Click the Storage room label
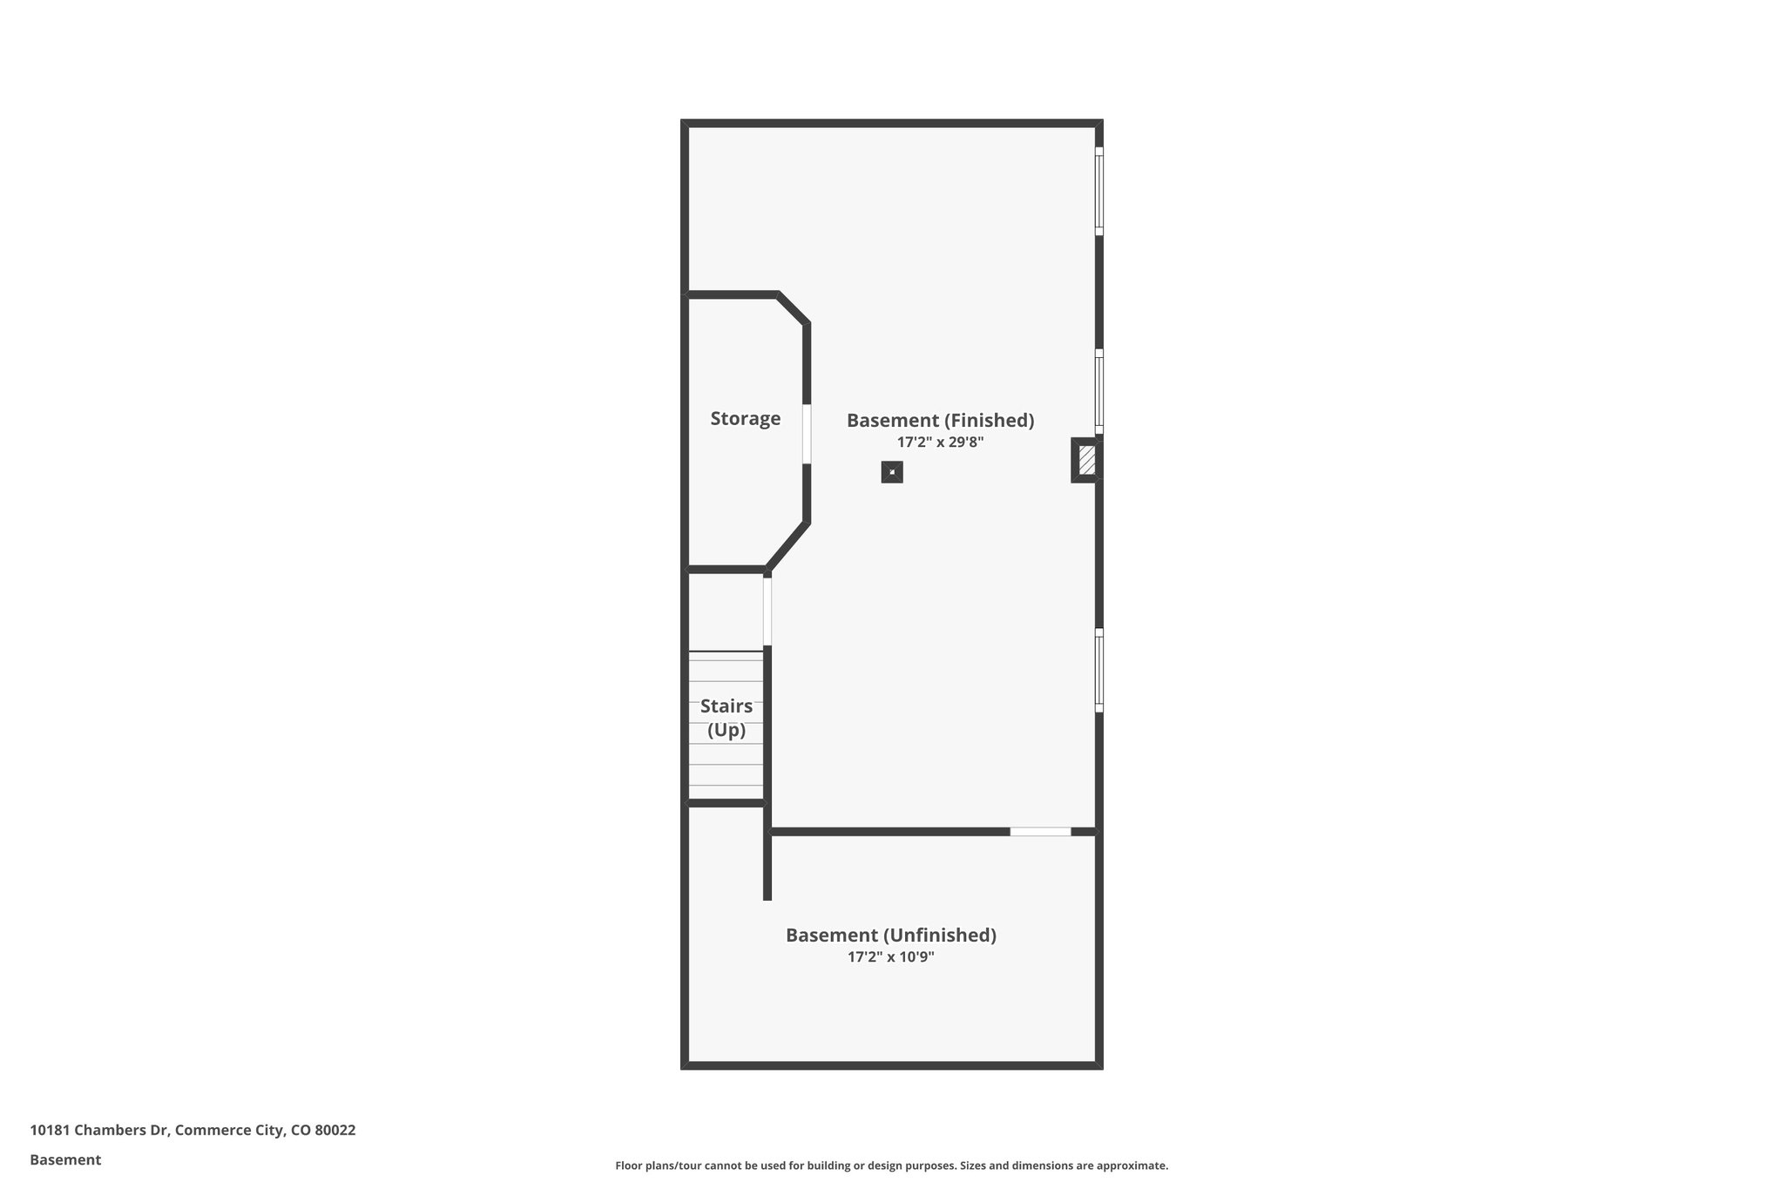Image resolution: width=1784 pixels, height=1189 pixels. click(745, 419)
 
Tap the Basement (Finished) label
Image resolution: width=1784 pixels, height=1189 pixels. click(940, 421)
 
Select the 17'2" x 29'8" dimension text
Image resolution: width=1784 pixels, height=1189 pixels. click(940, 442)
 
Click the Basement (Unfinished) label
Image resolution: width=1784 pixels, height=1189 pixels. click(890, 936)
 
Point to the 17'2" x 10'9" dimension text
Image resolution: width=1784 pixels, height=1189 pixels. click(890, 957)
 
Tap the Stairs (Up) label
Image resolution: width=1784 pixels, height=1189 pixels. click(726, 718)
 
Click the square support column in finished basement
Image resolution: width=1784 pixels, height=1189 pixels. click(891, 472)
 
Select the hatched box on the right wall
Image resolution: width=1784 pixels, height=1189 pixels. click(1085, 460)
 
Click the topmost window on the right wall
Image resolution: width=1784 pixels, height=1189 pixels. click(1098, 191)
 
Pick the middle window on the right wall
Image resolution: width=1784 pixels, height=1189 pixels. click(1098, 391)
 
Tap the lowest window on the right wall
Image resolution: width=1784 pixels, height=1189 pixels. click(1098, 670)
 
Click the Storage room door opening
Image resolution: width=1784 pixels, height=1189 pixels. click(807, 434)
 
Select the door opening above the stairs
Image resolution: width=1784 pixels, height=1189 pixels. click(767, 611)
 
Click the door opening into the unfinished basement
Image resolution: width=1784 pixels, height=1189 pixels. click(1040, 832)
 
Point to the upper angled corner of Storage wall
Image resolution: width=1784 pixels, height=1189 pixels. click(793, 309)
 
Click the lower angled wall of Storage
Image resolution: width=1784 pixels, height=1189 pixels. click(787, 546)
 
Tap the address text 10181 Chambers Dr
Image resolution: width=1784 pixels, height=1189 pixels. click(99, 1131)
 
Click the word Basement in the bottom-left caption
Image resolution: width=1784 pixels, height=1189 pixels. click(65, 1160)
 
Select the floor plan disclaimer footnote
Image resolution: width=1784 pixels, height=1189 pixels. click(891, 1165)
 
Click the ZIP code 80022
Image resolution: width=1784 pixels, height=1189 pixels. click(334, 1131)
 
